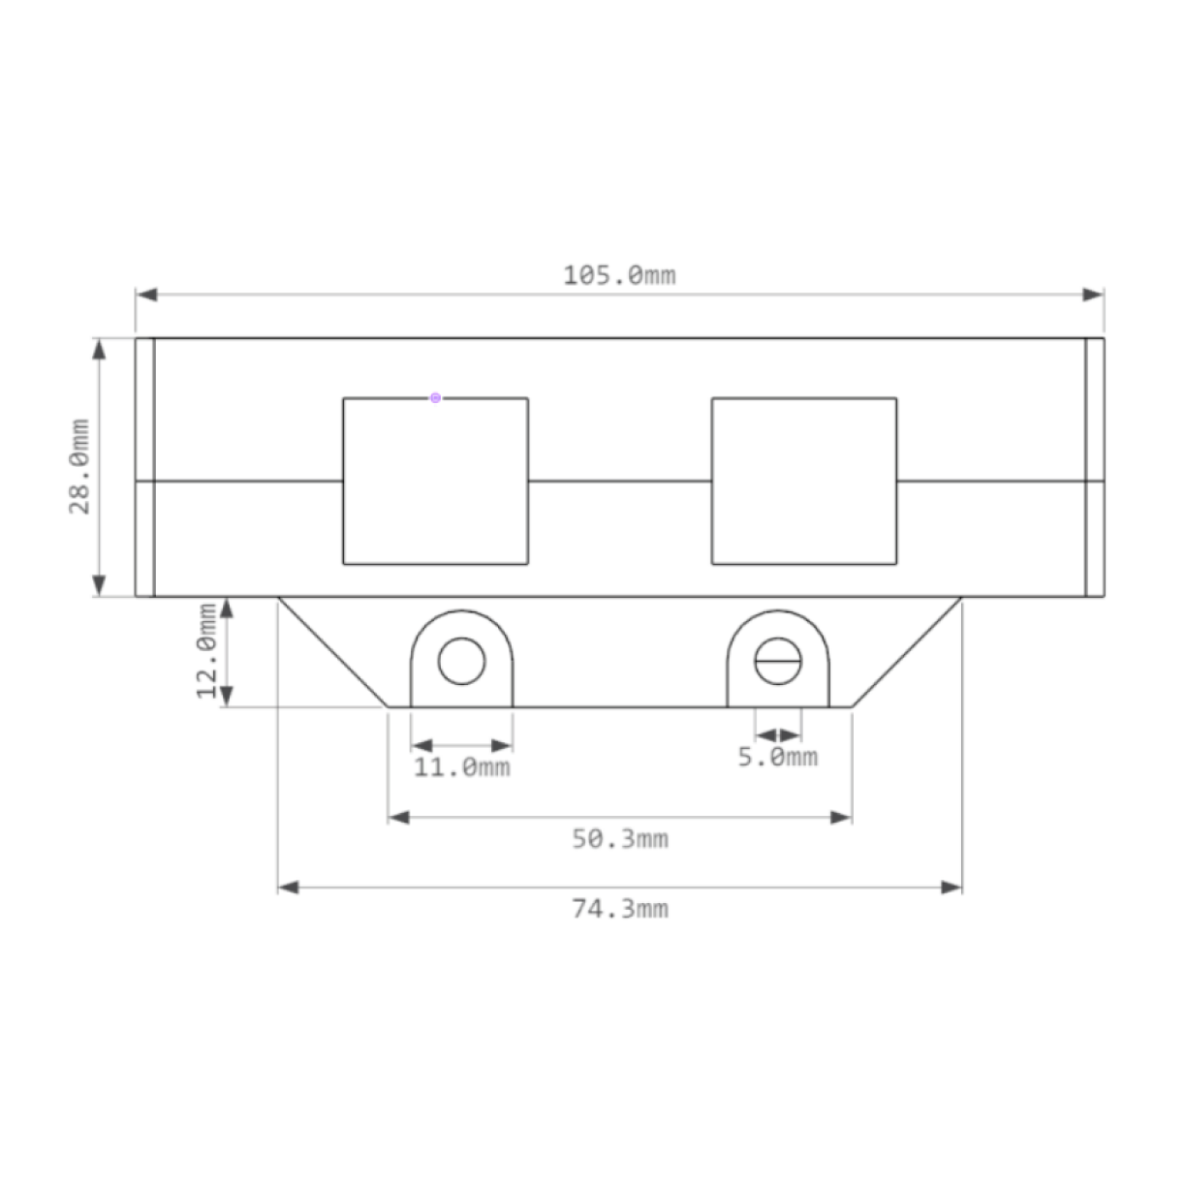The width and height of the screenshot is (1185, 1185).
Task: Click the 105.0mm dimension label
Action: coord(619,276)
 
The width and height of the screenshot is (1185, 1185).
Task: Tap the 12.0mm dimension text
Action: coord(207,651)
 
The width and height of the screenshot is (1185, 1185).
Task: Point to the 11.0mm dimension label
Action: coord(462,768)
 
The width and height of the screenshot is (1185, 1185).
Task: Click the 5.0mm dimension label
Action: coord(777,757)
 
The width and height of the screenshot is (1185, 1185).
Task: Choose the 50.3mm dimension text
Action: coord(619,839)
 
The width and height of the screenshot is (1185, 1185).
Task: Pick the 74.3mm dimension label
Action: coord(619,909)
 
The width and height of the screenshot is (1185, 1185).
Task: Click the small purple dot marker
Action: coord(435,397)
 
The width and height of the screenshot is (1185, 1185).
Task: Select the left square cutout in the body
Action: coord(435,480)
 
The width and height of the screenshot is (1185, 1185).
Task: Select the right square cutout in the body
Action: coord(803,480)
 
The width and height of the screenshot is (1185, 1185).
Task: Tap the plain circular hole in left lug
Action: coord(461,662)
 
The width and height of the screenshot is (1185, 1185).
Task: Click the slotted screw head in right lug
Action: coord(778,662)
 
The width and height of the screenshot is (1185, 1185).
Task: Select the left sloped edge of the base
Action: coord(333,651)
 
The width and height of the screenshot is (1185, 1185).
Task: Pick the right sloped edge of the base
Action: coord(907,651)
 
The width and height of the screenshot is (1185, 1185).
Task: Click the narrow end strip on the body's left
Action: coord(144,466)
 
